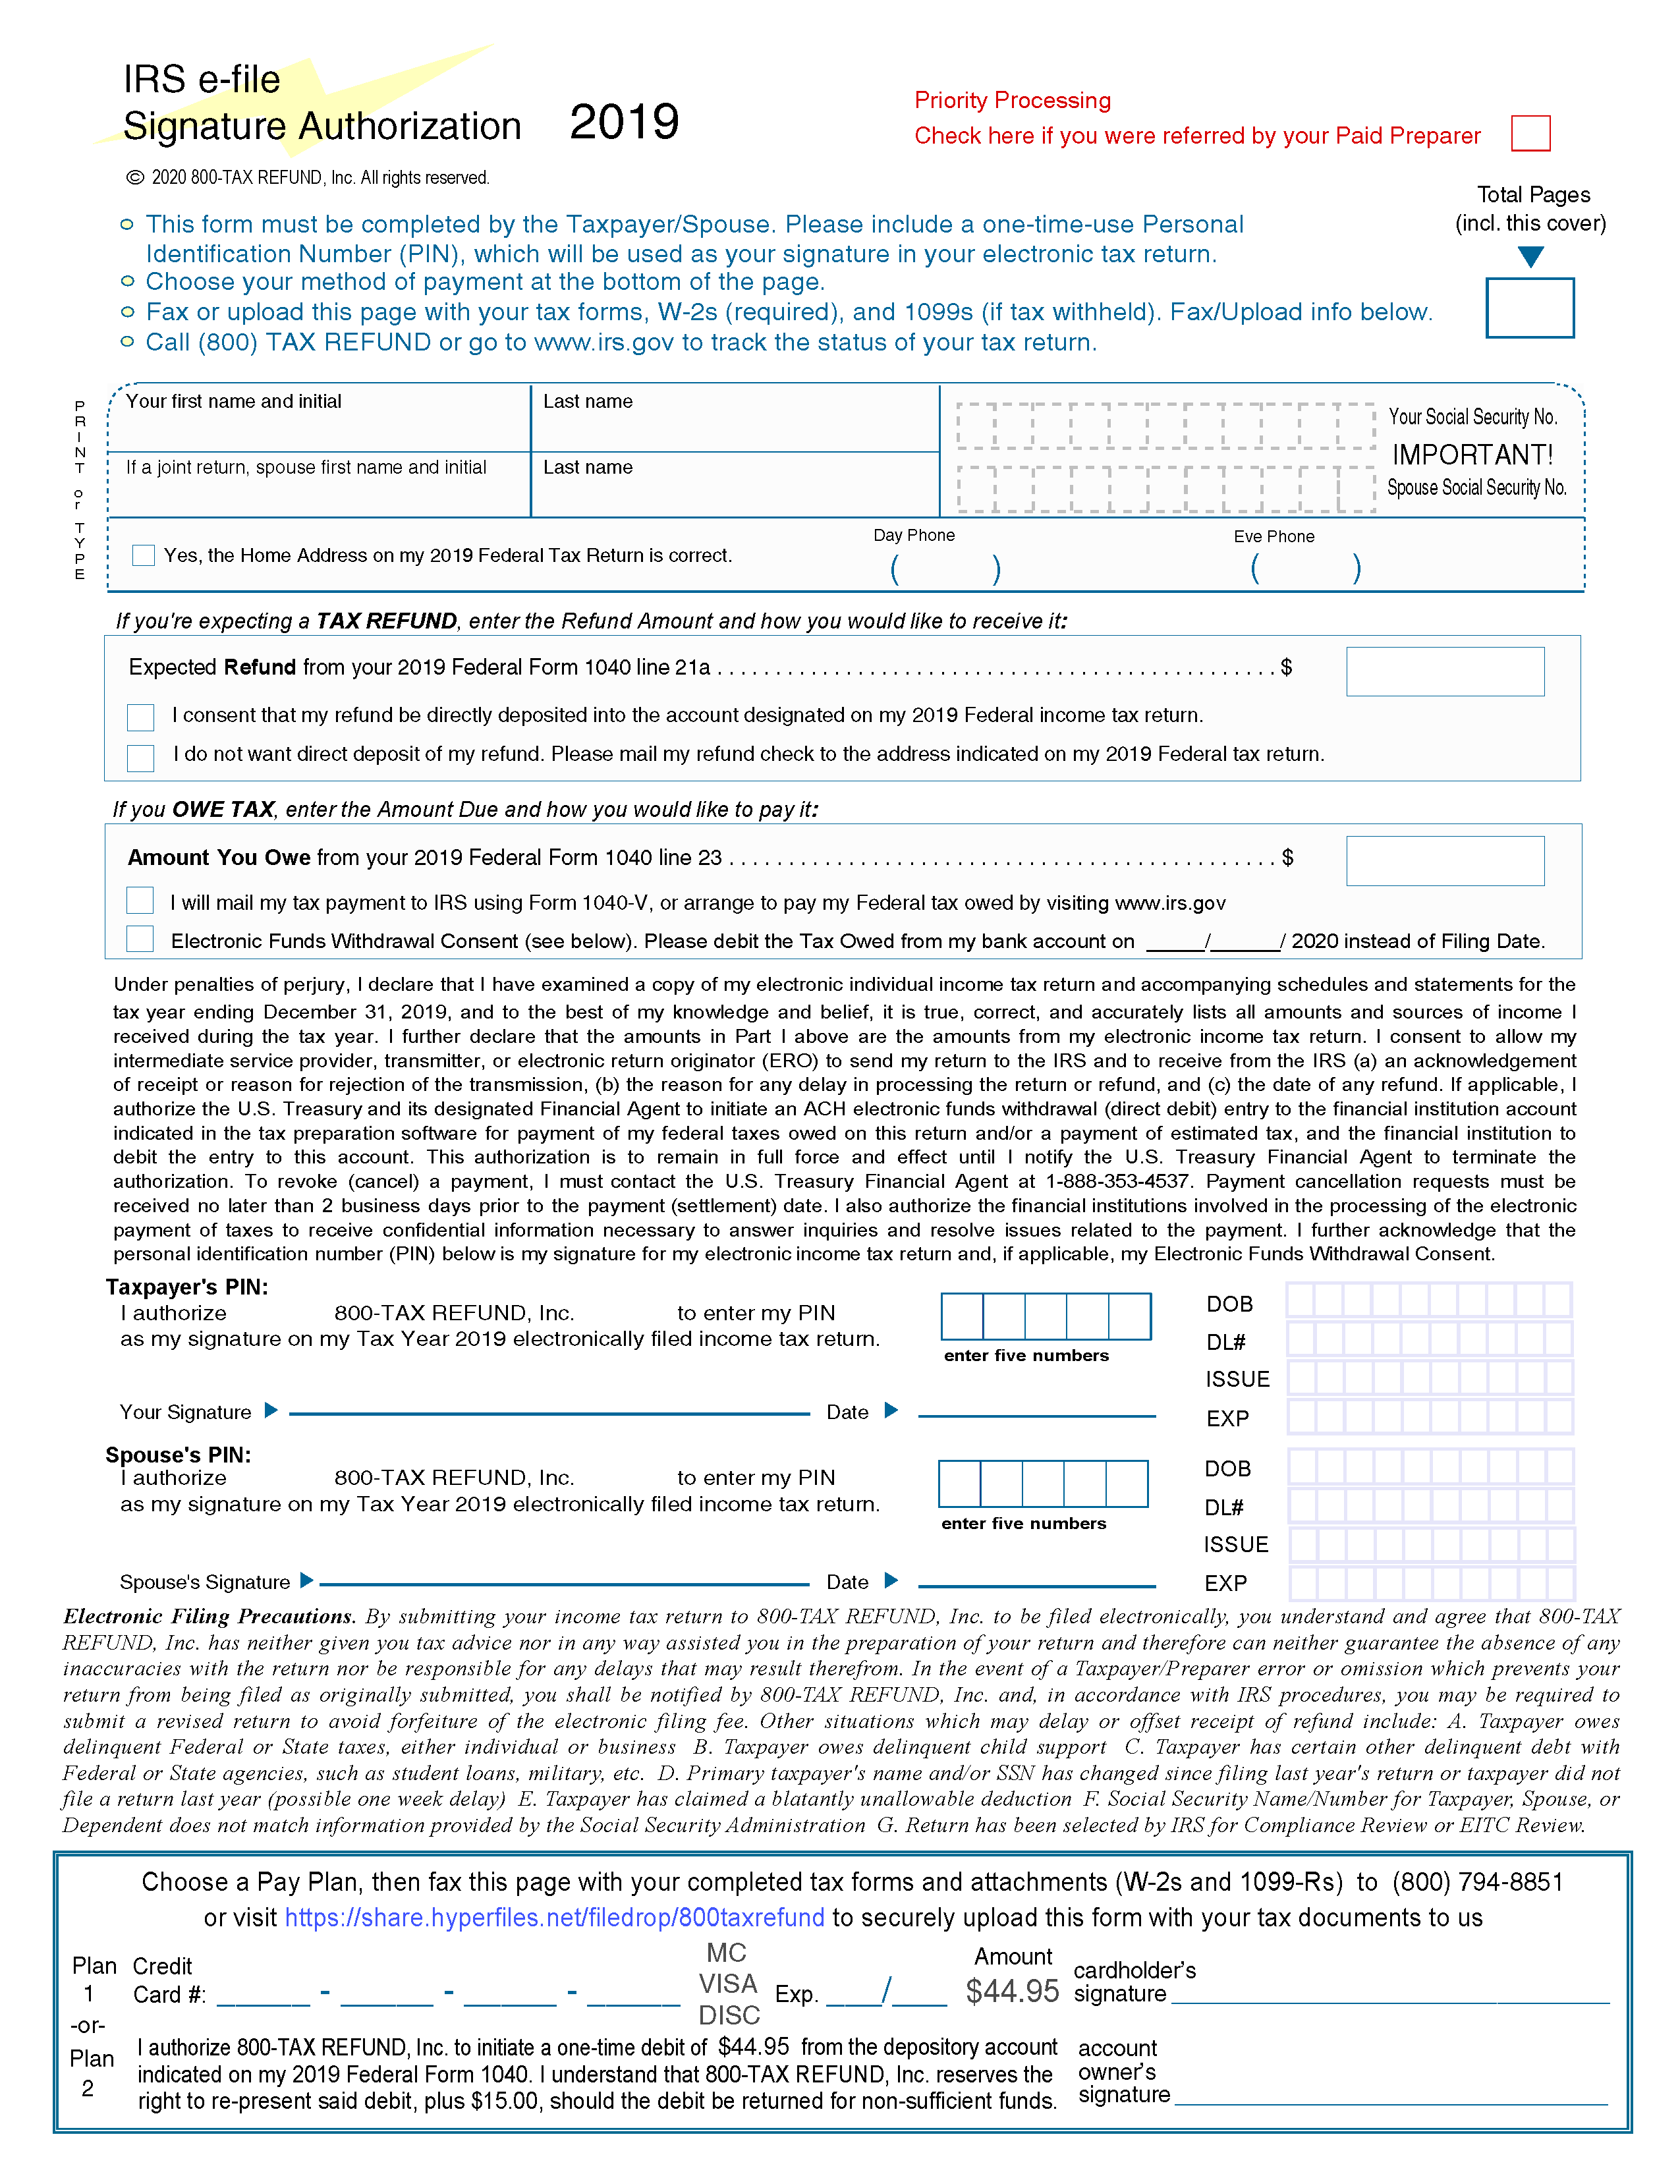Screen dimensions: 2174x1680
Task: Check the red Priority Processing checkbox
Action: point(1530,133)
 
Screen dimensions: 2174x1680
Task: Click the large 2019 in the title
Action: point(624,123)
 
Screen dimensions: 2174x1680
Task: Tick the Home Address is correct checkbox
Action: point(144,555)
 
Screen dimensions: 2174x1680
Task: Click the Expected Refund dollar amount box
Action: point(1444,672)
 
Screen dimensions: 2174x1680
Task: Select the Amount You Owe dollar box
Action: point(1444,861)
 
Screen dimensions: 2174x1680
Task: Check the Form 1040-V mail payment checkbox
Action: point(140,901)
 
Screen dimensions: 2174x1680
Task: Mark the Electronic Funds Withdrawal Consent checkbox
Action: point(140,939)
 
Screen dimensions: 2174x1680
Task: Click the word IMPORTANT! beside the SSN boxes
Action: point(1472,455)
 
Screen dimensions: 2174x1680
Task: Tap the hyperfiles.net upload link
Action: point(554,1918)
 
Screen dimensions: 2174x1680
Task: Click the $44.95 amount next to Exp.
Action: point(1012,1992)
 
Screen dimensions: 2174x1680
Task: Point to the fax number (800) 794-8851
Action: point(1477,1882)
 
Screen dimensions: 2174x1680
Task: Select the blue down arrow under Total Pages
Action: point(1530,257)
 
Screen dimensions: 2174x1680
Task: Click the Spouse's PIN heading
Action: point(178,1455)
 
